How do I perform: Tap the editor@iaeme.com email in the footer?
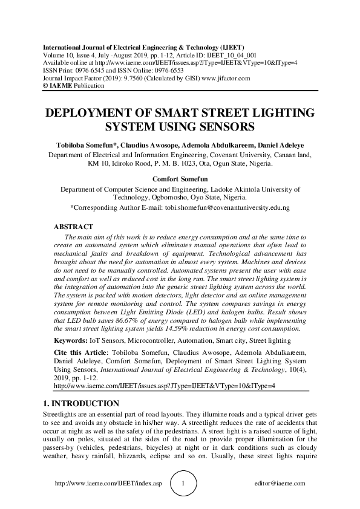280,484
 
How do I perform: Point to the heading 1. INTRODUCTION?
80,403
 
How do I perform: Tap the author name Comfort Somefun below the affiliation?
180,179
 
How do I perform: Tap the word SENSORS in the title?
230,128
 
